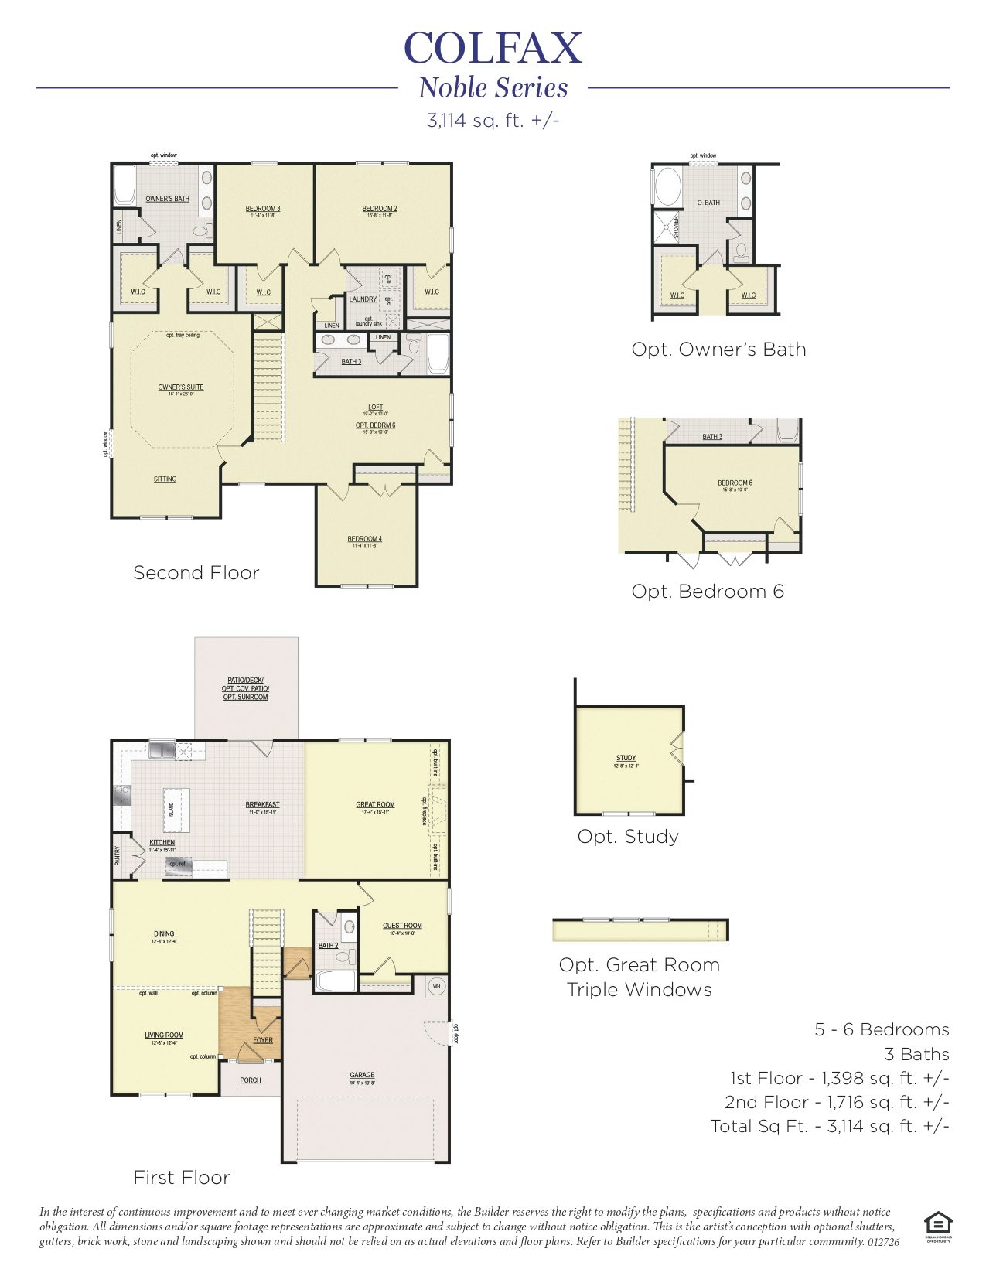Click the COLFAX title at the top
click(x=493, y=49)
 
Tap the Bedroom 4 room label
click(x=364, y=539)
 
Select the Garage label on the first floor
click(x=362, y=1075)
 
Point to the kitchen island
click(x=176, y=810)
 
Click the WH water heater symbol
click(x=436, y=987)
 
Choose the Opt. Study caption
click(x=628, y=837)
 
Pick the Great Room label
click(x=375, y=805)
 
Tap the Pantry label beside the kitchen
click(x=118, y=855)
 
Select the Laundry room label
click(x=363, y=299)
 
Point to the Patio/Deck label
click(x=245, y=681)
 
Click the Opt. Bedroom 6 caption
click(x=708, y=592)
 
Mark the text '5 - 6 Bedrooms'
click(x=882, y=1030)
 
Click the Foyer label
click(x=263, y=1040)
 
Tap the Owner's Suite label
click(x=181, y=387)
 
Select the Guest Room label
click(x=402, y=926)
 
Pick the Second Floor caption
click(x=196, y=573)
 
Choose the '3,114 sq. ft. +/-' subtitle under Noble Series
click(x=493, y=121)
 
